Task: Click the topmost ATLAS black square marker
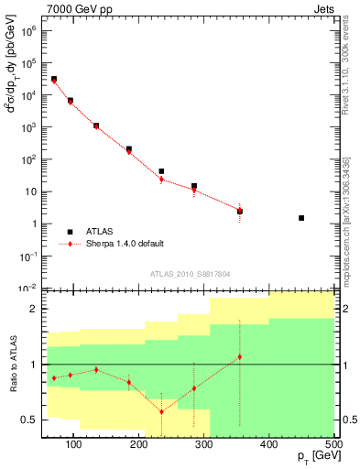(x=54, y=79)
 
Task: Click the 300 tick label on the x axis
(x=204, y=445)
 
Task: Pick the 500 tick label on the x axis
(x=333, y=445)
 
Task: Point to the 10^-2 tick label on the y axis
(x=27, y=288)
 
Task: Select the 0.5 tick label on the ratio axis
(x=28, y=420)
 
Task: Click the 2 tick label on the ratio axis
(x=34, y=309)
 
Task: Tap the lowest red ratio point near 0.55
(x=161, y=411)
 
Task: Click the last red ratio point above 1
(x=239, y=356)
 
